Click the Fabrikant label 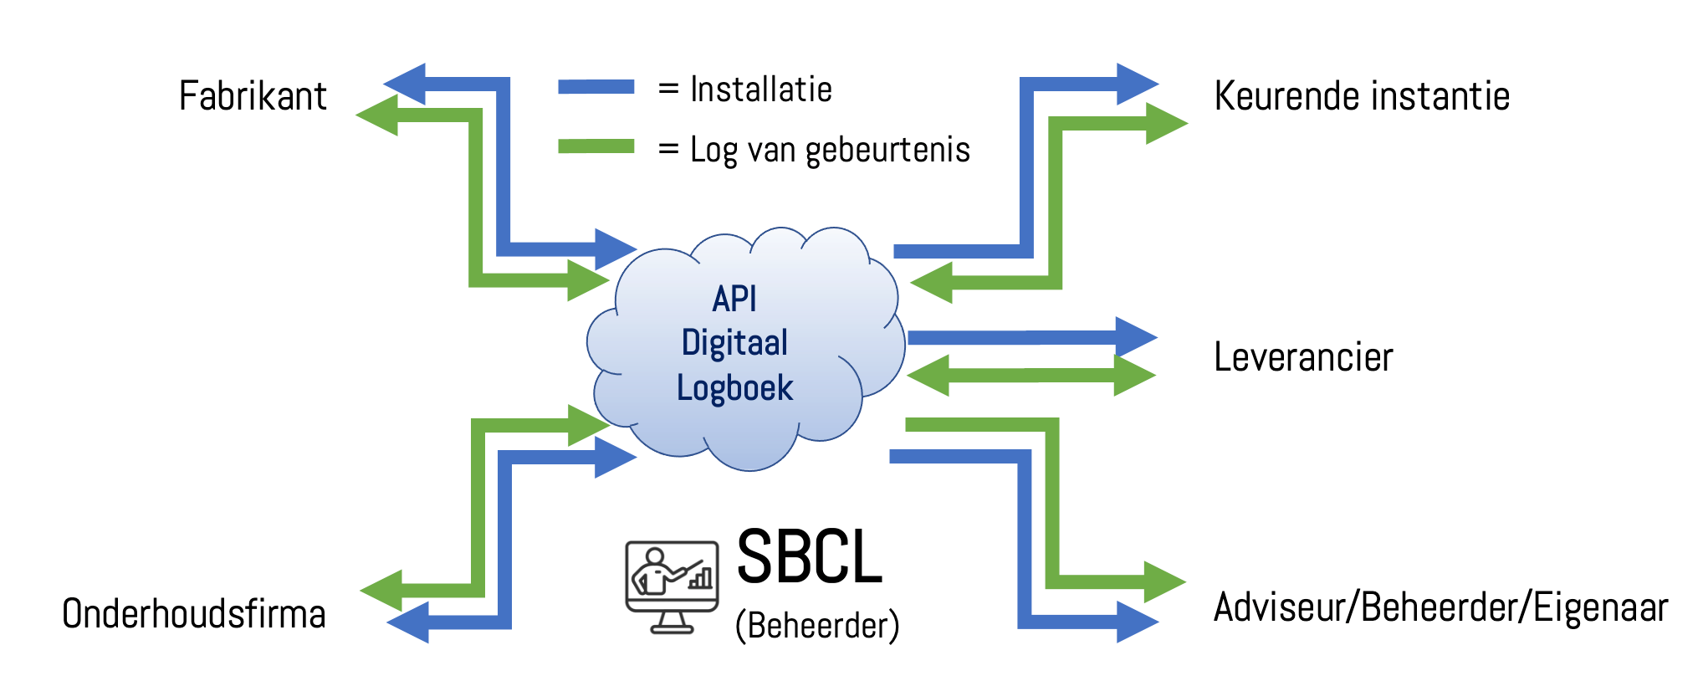pyautogui.click(x=253, y=96)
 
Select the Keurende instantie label pyautogui.click(x=1362, y=96)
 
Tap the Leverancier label pyautogui.click(x=1303, y=357)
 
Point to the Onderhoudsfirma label pyautogui.click(x=194, y=614)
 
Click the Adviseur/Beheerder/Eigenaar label pyautogui.click(x=1440, y=608)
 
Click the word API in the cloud pyautogui.click(x=734, y=299)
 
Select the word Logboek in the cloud pyautogui.click(x=734, y=388)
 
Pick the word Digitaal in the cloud pyautogui.click(x=734, y=343)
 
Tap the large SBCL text pyautogui.click(x=809, y=557)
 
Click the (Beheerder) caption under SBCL pyautogui.click(x=817, y=626)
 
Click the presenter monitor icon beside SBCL pyautogui.click(x=672, y=586)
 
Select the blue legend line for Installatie pyautogui.click(x=596, y=87)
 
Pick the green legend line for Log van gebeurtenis pyautogui.click(x=596, y=146)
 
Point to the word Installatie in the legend pyautogui.click(x=761, y=90)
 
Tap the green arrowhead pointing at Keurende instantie pyautogui.click(x=1165, y=123)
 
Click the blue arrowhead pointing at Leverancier pyautogui.click(x=1135, y=337)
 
